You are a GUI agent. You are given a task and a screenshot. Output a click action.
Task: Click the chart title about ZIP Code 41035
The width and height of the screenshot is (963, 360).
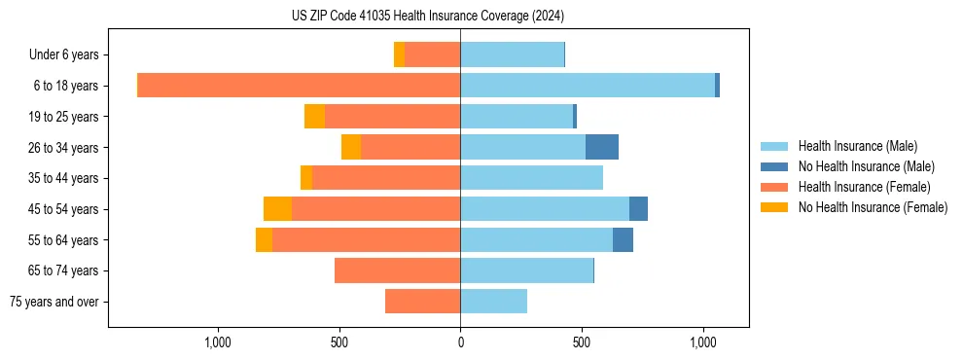(428, 16)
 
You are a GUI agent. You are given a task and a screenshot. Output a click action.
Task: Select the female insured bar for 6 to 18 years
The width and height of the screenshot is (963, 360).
(299, 86)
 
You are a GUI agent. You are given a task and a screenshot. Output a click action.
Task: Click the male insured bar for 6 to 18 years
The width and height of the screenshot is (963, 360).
(588, 86)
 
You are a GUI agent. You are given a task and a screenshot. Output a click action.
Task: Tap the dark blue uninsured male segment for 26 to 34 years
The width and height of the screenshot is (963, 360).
(602, 147)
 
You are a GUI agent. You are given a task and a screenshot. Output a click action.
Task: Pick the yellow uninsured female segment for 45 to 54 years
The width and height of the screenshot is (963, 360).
(277, 208)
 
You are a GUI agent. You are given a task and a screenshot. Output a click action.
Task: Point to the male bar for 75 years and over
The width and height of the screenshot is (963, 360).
(494, 302)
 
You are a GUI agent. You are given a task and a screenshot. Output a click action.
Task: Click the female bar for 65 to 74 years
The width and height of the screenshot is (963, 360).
(398, 270)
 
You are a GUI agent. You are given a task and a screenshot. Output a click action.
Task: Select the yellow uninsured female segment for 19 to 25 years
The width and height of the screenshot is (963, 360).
(314, 117)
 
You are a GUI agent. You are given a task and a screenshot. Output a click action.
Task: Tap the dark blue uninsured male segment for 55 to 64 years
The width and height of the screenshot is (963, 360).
(623, 239)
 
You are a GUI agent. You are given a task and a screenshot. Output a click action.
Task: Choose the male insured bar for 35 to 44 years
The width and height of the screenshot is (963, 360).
(532, 178)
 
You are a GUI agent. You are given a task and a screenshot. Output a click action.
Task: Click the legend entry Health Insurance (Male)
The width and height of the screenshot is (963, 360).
(856, 146)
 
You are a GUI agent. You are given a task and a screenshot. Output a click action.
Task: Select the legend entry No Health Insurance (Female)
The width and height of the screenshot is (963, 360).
(873, 207)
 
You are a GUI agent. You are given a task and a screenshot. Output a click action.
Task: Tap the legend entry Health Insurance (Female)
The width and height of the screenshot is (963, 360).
(863, 187)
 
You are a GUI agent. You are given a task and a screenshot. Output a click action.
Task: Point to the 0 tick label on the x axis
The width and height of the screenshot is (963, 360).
(460, 342)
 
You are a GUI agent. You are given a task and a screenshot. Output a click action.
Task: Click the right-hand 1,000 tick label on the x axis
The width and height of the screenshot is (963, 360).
(703, 342)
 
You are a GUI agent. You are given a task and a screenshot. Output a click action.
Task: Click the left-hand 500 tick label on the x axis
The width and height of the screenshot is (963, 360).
(339, 342)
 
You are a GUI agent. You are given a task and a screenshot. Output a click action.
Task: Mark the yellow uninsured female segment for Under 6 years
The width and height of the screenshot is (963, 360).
(399, 55)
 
